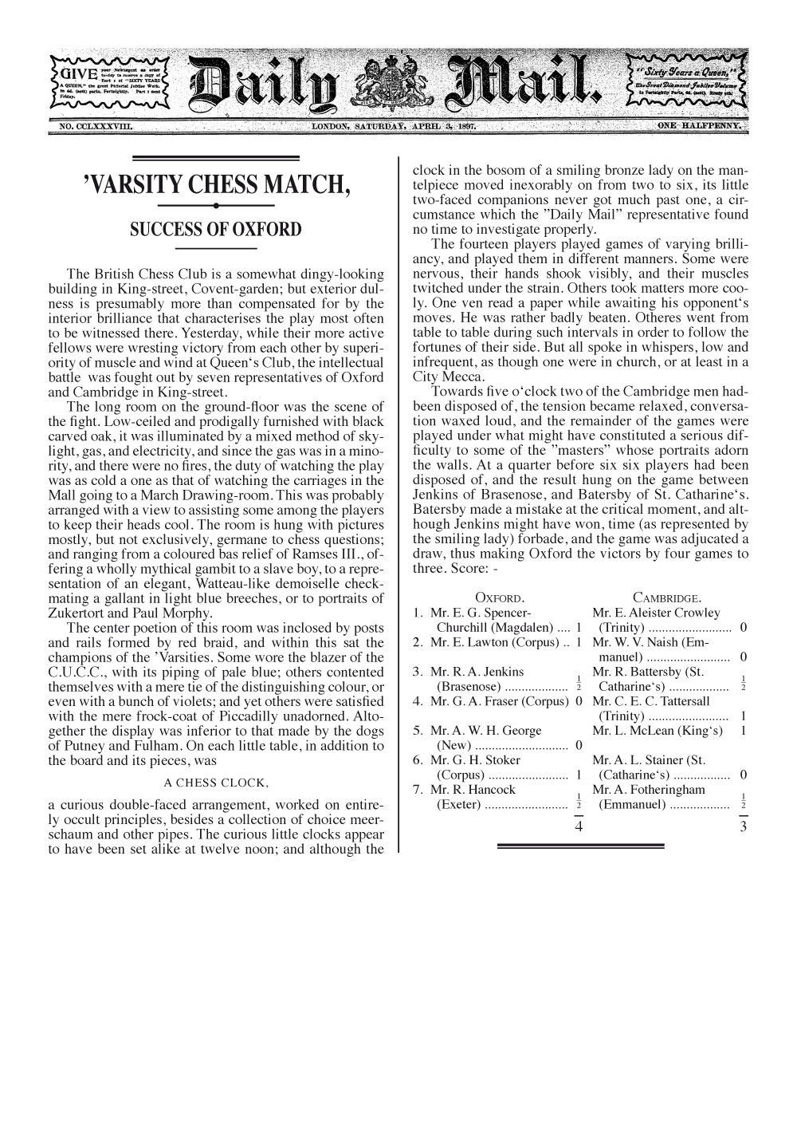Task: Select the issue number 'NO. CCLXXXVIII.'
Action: (x=94, y=126)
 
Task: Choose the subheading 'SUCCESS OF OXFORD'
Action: (x=215, y=230)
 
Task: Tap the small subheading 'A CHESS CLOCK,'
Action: (x=215, y=782)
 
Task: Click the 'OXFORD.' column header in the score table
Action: (x=500, y=598)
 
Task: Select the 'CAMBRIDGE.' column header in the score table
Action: (x=667, y=598)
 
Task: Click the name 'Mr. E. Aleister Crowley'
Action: (x=656, y=613)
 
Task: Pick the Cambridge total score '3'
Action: (x=743, y=826)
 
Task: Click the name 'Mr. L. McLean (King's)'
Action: (x=658, y=730)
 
